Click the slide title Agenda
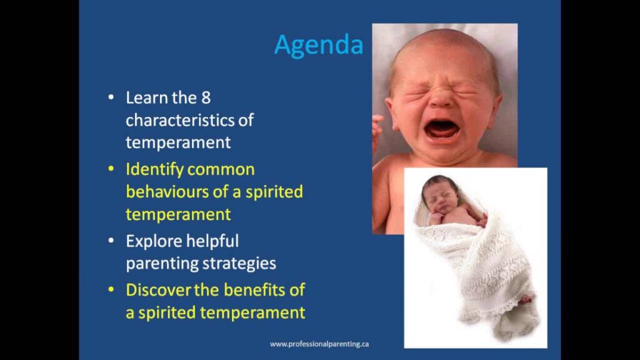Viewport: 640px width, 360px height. pyautogui.click(x=319, y=45)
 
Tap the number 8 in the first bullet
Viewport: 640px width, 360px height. pyautogui.click(x=206, y=98)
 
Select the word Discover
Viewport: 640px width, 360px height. pyautogui.click(x=158, y=290)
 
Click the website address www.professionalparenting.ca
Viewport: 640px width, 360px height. pyautogui.click(x=319, y=344)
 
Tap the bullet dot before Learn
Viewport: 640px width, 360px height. pyautogui.click(x=111, y=98)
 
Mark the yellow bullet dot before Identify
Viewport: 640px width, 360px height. pyautogui.click(x=111, y=169)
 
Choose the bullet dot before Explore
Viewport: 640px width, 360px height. pyautogui.click(x=111, y=241)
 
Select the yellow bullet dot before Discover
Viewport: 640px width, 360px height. pyautogui.click(x=111, y=290)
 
